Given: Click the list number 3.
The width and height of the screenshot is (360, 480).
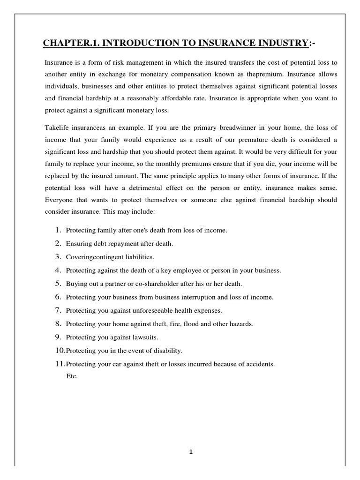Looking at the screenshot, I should pyautogui.click(x=58, y=257).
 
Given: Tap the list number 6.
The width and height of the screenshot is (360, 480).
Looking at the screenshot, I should pyautogui.click(x=58, y=297).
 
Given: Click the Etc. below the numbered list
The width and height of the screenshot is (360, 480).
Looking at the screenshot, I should pyautogui.click(x=72, y=375).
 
